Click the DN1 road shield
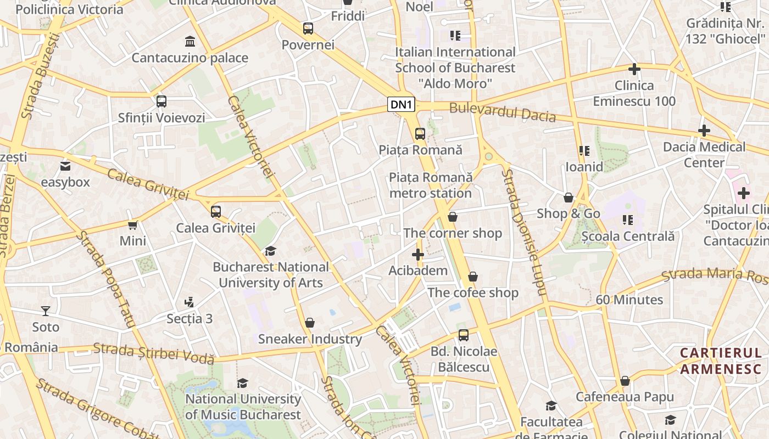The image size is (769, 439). click(x=401, y=104)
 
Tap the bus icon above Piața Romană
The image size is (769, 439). click(x=420, y=133)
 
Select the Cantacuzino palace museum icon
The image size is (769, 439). click(x=190, y=41)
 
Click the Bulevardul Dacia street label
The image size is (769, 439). click(x=502, y=112)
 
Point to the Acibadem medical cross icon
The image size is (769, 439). click(x=418, y=255)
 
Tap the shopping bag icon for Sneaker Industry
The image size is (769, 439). click(x=310, y=323)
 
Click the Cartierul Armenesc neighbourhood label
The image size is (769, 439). click(x=721, y=361)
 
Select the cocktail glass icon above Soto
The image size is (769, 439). click(x=46, y=311)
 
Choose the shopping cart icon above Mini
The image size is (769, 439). click(x=132, y=225)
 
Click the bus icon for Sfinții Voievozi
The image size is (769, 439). click(x=161, y=102)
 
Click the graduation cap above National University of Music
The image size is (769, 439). click(x=242, y=383)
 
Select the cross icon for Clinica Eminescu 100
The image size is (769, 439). click(x=634, y=69)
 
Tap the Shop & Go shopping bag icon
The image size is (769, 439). click(x=569, y=198)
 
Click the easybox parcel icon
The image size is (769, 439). click(x=65, y=166)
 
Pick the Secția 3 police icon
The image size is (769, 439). click(x=190, y=302)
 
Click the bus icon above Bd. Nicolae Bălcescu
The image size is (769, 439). click(x=464, y=335)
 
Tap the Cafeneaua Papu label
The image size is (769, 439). click(x=625, y=396)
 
